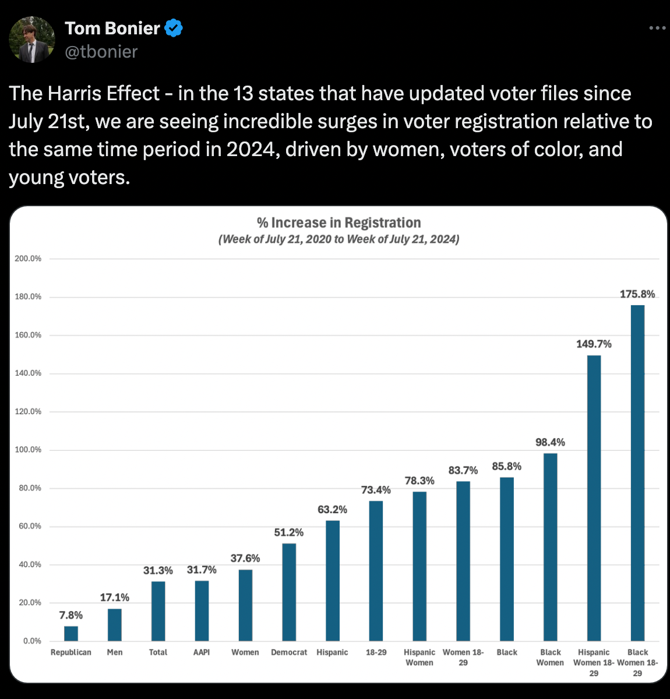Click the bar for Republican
tap(71, 633)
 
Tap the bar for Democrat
tap(289, 592)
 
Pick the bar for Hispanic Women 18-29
tap(594, 498)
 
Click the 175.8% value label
tap(637, 294)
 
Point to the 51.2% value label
tap(289, 532)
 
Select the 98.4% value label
tap(550, 442)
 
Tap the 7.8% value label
tap(71, 615)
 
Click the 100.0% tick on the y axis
tap(28, 450)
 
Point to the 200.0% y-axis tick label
tap(28, 259)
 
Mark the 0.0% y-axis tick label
tap(32, 641)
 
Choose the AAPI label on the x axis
tap(202, 652)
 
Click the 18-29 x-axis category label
tap(376, 652)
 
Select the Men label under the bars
tap(115, 652)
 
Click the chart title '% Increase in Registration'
tap(338, 223)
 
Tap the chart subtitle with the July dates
tap(338, 239)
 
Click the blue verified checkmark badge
tap(174, 28)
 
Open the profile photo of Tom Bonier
tap(32, 40)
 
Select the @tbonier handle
tap(101, 52)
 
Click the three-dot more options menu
tap(657, 28)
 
